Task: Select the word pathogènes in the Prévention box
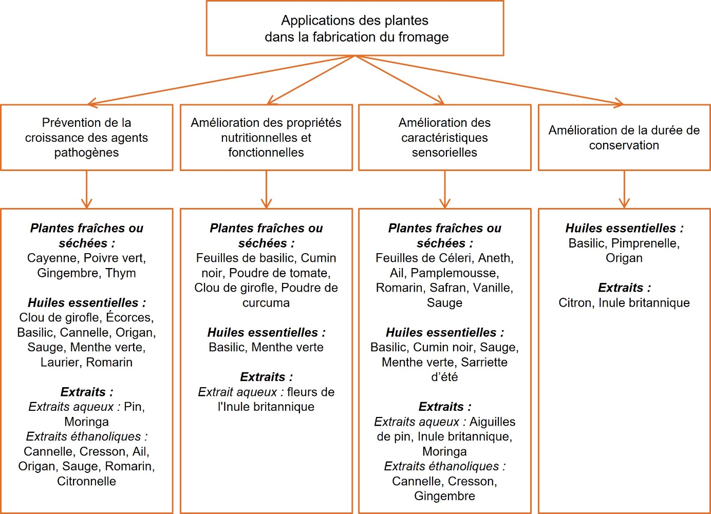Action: tap(86, 153)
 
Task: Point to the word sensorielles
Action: tap(444, 153)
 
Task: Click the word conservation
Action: tap(624, 145)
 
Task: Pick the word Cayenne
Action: tap(53, 258)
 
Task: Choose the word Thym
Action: tap(121, 273)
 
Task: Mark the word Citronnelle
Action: tap(86, 481)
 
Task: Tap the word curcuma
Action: tap(266, 302)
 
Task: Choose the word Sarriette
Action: tap(484, 362)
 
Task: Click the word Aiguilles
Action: tap(492, 422)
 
